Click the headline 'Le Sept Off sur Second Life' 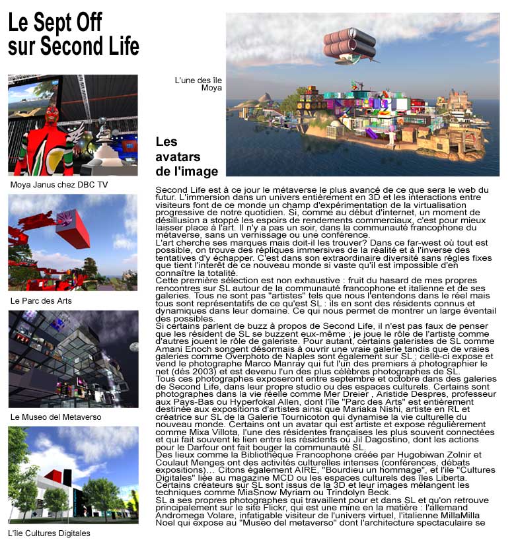tap(73, 34)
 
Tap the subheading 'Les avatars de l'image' tap(186, 156)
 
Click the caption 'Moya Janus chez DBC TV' tap(59, 185)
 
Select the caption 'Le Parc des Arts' tap(41, 300)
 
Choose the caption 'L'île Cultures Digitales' tap(50, 533)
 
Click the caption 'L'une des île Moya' tap(198, 84)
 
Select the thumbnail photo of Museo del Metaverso tap(73, 359)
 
